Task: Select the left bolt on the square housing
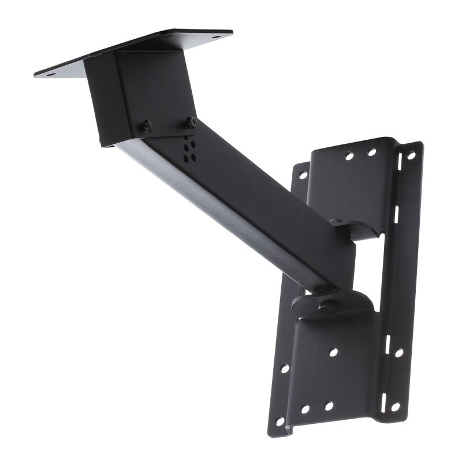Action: [x=147, y=126]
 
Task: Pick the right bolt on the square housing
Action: [x=191, y=122]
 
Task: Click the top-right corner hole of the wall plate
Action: [x=411, y=155]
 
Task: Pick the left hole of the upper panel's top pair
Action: [x=349, y=157]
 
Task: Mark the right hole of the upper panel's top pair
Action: [x=372, y=152]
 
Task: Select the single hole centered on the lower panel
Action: [x=333, y=352]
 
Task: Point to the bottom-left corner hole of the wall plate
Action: [x=280, y=421]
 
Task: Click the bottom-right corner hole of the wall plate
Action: [x=395, y=407]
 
